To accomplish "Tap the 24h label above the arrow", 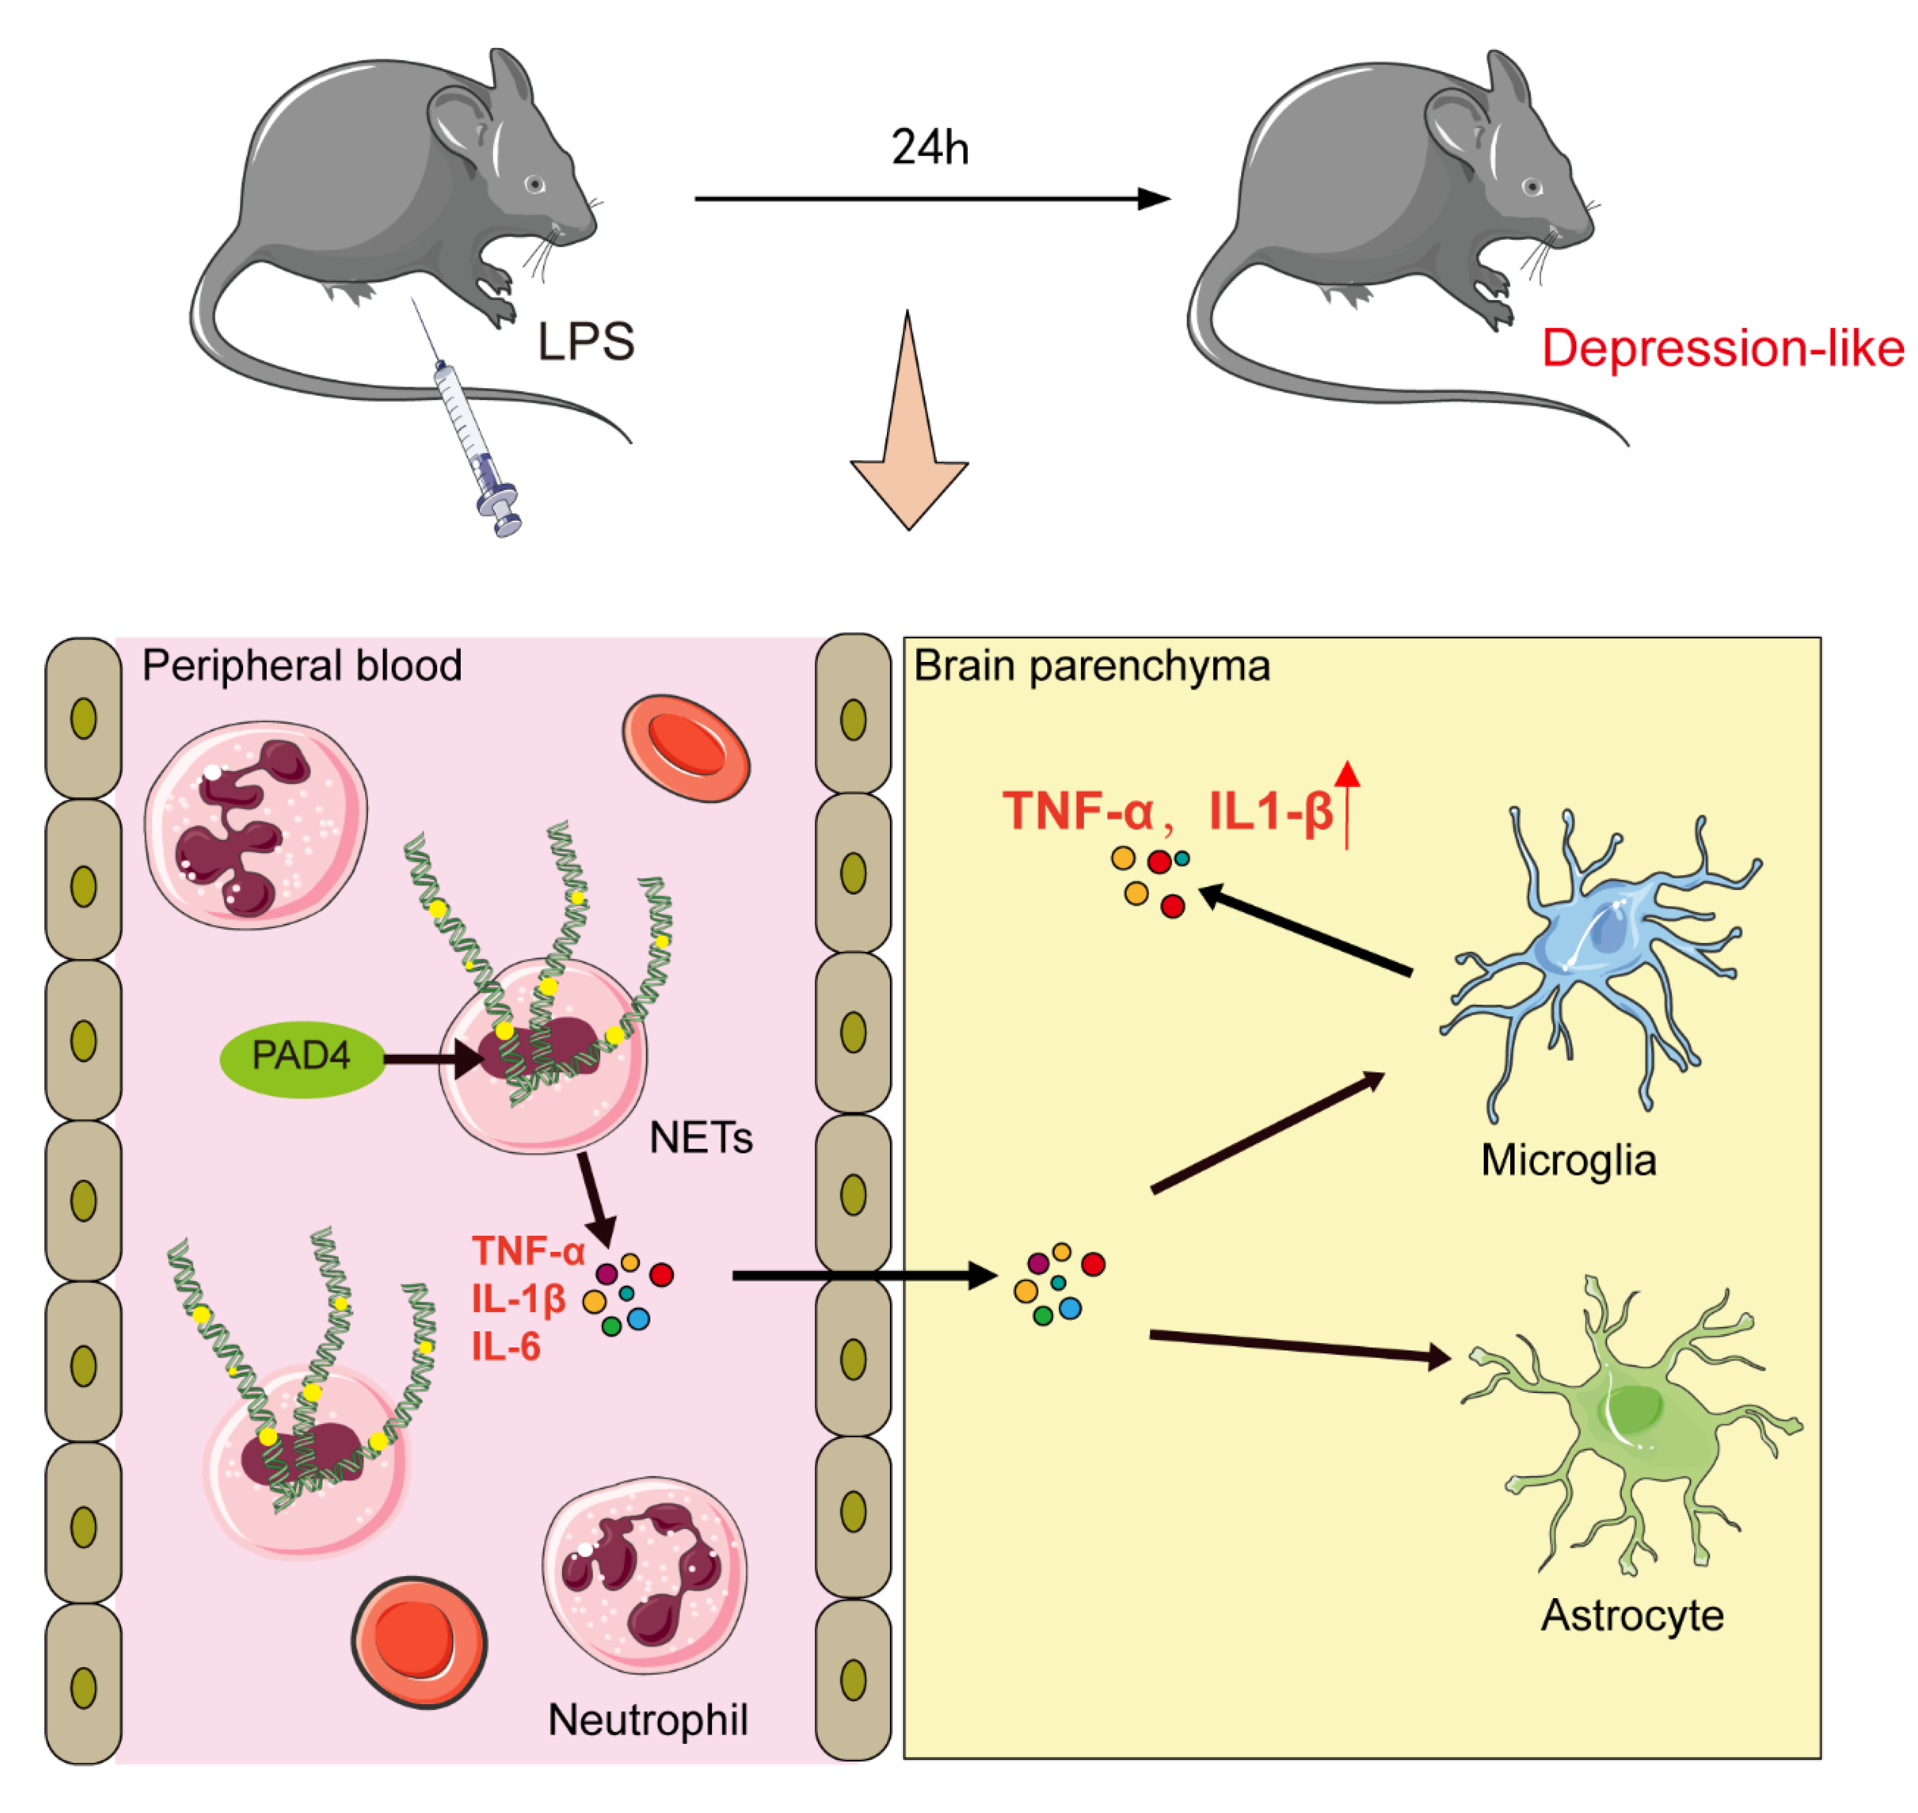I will click(930, 149).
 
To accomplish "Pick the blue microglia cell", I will click(1594, 947).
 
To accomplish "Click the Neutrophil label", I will click(647, 1720).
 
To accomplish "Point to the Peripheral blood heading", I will click(301, 666).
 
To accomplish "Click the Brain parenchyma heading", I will click(1092, 666).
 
